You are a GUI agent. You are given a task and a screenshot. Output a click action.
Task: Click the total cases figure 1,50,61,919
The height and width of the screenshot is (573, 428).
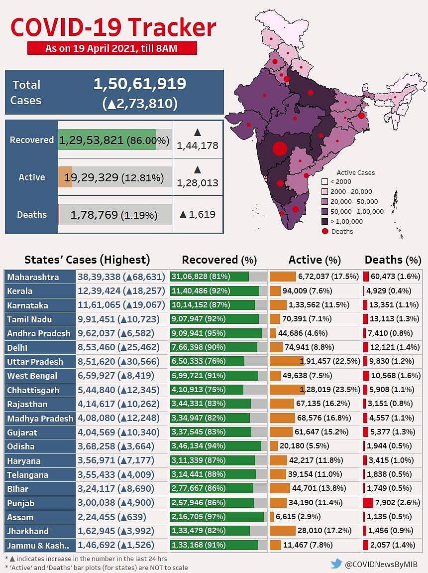point(139,84)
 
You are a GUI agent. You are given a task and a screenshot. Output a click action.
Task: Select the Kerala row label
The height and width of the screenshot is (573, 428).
point(20,290)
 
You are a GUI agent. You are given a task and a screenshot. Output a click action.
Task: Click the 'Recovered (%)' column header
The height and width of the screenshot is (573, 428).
point(219,260)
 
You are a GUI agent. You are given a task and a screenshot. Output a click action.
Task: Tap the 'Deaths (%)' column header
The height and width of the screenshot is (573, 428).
point(393,260)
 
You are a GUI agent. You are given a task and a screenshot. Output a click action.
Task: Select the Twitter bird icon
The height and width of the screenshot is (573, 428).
point(336,564)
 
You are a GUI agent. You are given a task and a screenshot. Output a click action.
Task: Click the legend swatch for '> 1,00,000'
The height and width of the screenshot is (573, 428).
point(324,221)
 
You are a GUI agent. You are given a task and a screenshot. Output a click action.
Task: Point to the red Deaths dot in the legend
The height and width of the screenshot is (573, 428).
point(324,231)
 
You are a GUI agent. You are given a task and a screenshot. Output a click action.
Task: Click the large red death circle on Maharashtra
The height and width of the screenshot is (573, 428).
point(280,148)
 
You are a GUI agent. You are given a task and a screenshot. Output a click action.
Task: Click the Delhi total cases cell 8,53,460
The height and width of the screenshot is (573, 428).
point(96,347)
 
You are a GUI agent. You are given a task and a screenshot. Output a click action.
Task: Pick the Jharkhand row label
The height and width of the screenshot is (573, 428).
point(27,531)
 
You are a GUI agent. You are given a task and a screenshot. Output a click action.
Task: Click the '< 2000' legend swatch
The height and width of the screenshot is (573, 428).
point(324,182)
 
